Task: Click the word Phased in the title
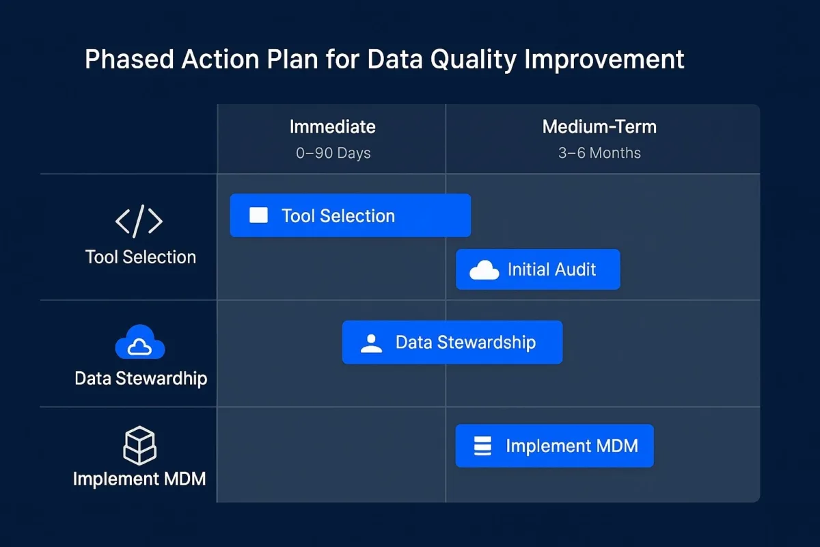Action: coord(129,59)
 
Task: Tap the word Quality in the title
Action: coord(474,60)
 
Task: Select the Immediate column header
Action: coord(332,126)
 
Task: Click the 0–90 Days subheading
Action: coord(333,153)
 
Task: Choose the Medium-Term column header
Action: coord(599,126)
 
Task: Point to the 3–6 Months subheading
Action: coord(599,152)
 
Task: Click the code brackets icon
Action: coord(139,222)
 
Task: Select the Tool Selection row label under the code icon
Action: coord(141,257)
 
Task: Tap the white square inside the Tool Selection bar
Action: coord(258,215)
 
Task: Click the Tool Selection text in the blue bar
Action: coord(338,216)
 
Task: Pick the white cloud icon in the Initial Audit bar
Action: coord(484,270)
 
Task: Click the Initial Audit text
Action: coord(551,269)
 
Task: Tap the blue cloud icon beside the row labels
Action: coord(140,342)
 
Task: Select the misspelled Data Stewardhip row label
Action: coord(141,379)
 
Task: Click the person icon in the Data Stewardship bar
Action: coord(371,343)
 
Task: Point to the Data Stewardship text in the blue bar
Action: coord(465,343)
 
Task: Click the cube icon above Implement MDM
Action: coord(139,446)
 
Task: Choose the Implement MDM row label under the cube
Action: coord(139,479)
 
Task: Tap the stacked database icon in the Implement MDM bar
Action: coord(482,446)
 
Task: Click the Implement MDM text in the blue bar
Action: coord(572,446)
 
